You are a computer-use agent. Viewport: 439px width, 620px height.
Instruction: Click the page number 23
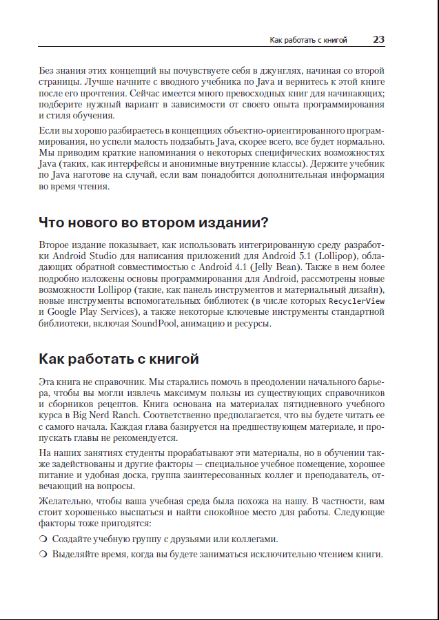[x=378, y=40]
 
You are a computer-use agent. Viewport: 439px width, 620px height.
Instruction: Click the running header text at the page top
[x=308, y=41]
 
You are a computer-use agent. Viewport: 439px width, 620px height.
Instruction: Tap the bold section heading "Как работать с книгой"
[x=119, y=359]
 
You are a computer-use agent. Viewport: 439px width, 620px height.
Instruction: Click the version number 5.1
[x=296, y=256]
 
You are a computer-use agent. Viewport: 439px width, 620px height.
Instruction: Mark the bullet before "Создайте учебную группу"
[x=43, y=539]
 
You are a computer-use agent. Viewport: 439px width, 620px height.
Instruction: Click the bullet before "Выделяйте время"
[x=43, y=555]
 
